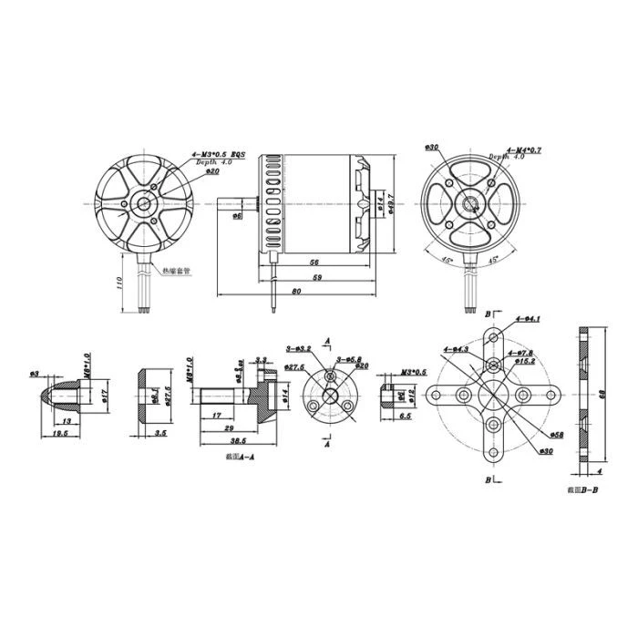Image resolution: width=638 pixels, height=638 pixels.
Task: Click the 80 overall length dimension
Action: point(297,292)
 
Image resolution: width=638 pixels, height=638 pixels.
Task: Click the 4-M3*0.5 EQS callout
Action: point(216,156)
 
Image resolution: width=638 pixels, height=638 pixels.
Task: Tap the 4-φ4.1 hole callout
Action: point(528,318)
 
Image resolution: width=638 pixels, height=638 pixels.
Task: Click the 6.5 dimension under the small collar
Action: point(406,415)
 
